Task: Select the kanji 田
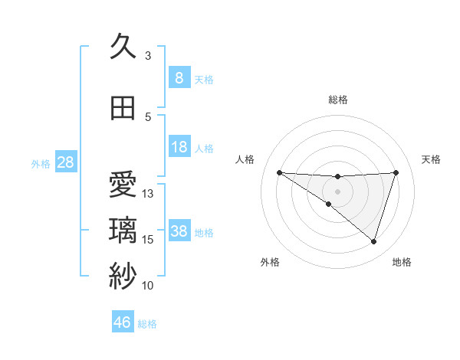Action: tap(123, 108)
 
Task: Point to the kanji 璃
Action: tap(123, 231)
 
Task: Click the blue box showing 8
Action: tap(179, 77)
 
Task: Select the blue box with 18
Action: tap(179, 147)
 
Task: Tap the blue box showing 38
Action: tap(179, 231)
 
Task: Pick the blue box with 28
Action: tap(65, 162)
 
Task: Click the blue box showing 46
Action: tap(123, 322)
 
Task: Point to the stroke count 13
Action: tap(148, 194)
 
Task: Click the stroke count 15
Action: tap(148, 240)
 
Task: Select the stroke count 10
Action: tap(148, 286)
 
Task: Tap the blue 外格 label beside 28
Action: tap(41, 163)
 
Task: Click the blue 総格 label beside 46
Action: tap(147, 324)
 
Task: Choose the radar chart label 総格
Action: tap(337, 100)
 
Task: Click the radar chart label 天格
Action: tap(431, 159)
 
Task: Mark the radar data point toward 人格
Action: tap(279, 172)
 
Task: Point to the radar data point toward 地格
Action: tap(373, 241)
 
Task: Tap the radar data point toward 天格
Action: tap(396, 172)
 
